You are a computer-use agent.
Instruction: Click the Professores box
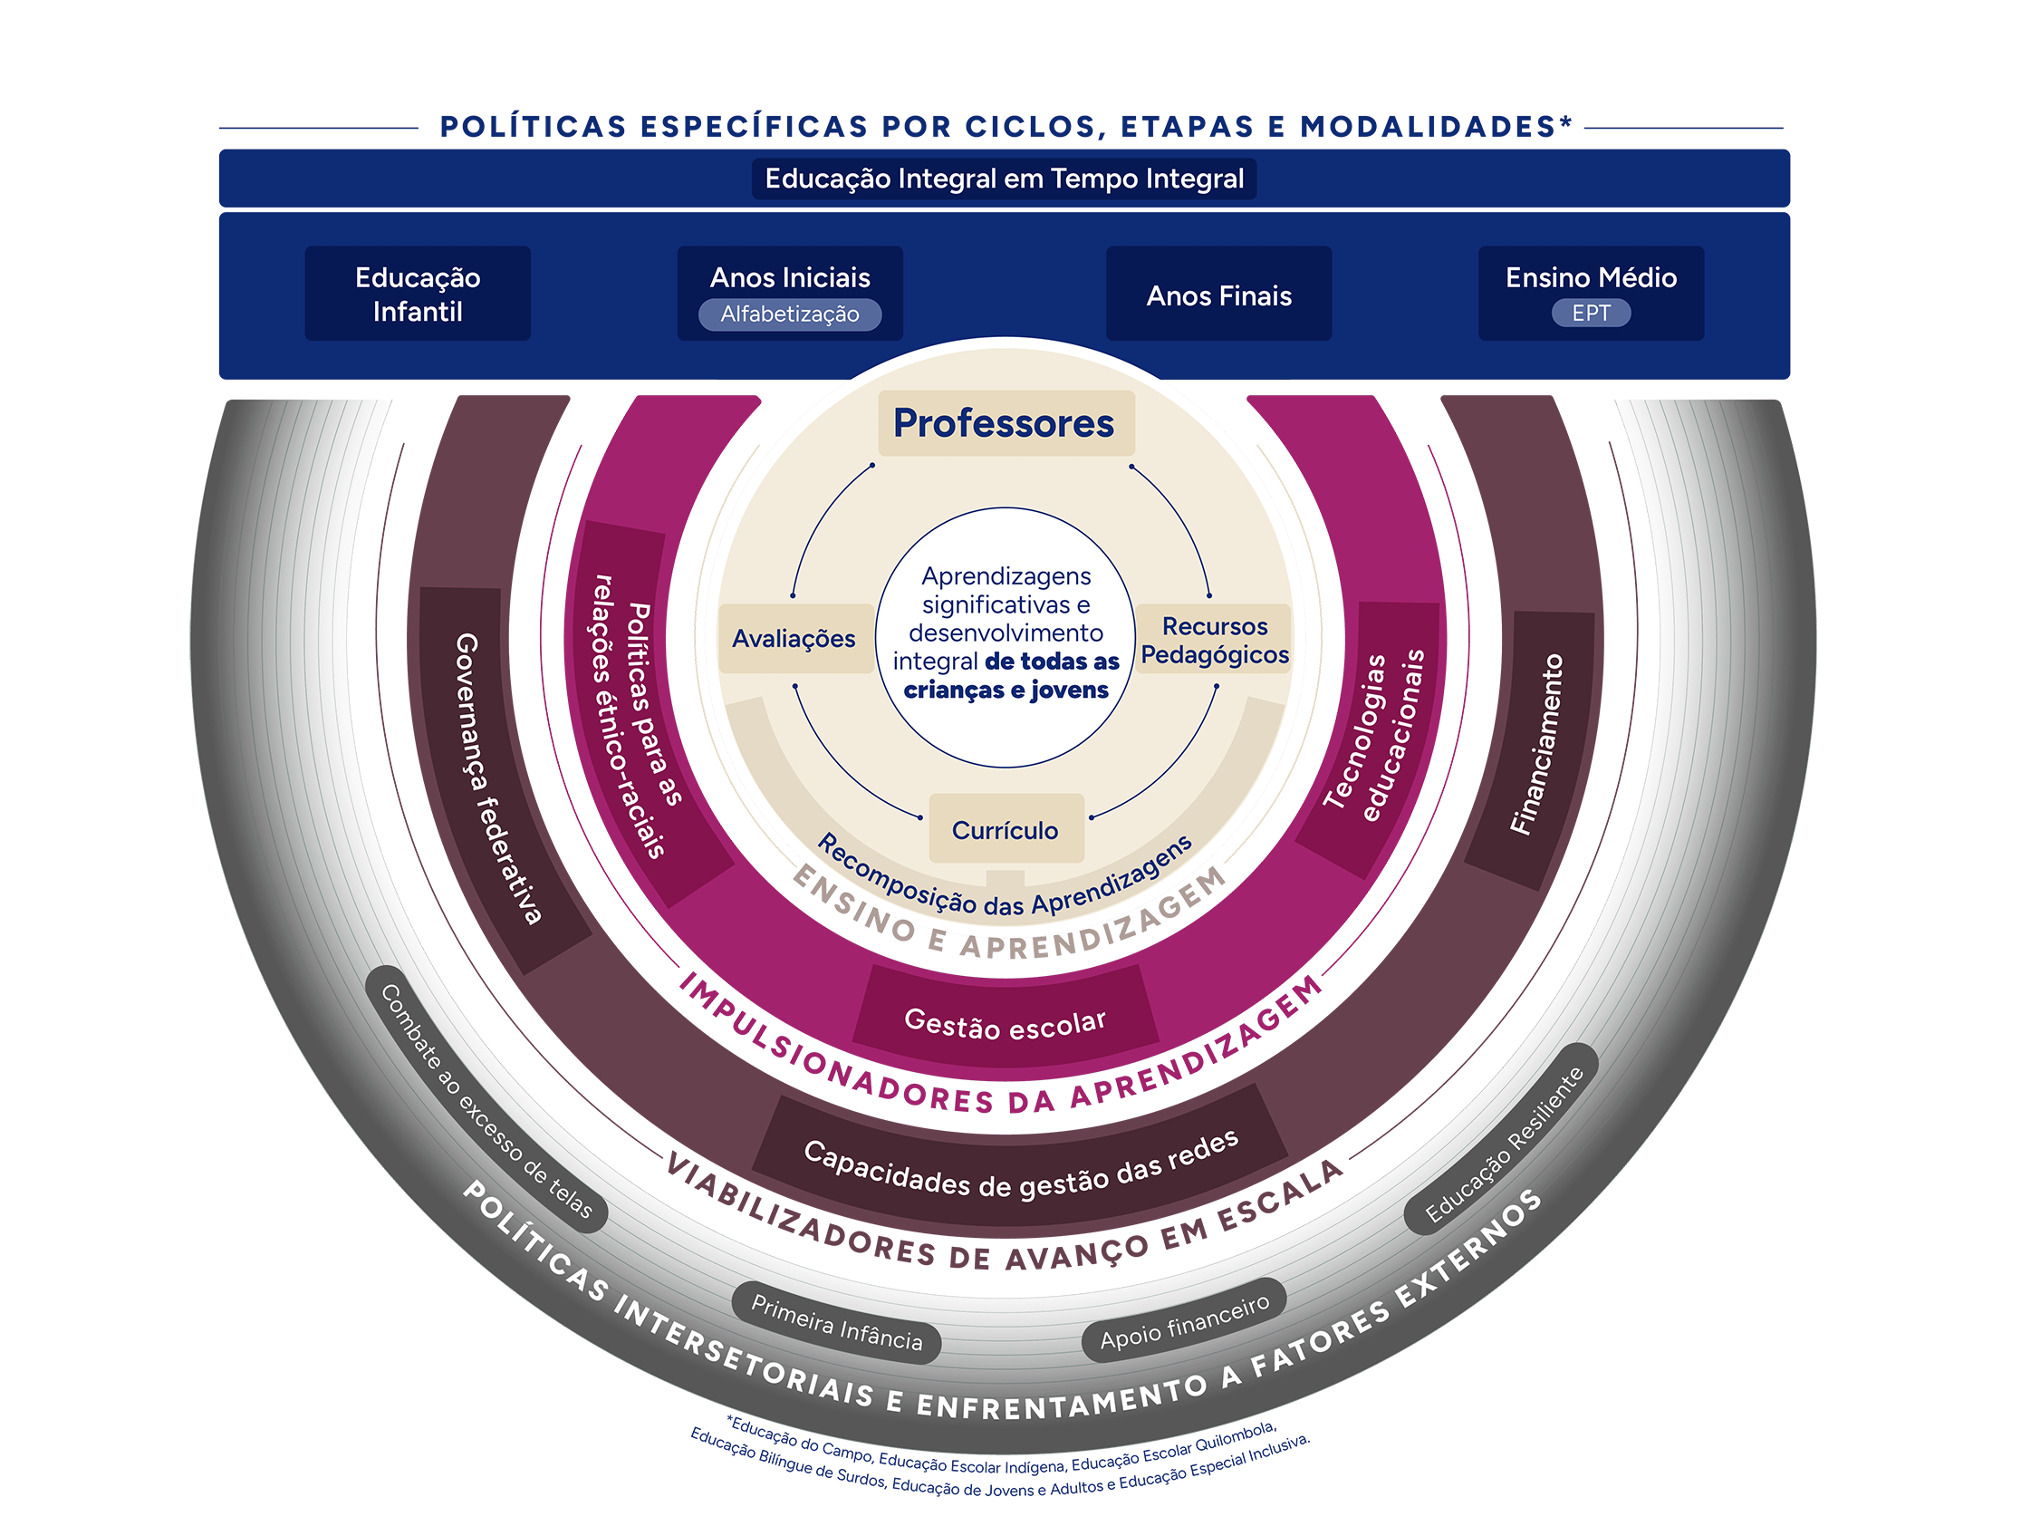coord(1005,423)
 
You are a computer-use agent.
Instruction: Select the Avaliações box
coord(794,639)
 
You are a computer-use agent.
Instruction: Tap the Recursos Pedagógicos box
coord(1214,641)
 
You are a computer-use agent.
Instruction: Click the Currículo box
coord(1005,830)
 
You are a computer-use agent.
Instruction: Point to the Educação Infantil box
coord(418,295)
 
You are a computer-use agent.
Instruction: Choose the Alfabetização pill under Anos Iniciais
coord(789,314)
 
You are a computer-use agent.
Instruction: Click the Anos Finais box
coord(1218,295)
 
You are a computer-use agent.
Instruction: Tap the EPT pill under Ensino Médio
coord(1591,314)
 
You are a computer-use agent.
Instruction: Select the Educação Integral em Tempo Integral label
coord(1004,179)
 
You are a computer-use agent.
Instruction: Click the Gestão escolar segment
coord(1005,1023)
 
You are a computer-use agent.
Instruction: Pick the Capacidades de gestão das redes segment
coord(1021,1161)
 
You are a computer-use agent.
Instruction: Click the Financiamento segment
coord(1536,745)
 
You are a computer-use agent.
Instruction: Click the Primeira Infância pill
coord(836,1322)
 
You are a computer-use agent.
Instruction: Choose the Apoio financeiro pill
coord(1184,1322)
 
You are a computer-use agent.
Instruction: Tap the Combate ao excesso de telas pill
coord(486,1101)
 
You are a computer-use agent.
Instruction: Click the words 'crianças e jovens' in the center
coord(1005,690)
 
